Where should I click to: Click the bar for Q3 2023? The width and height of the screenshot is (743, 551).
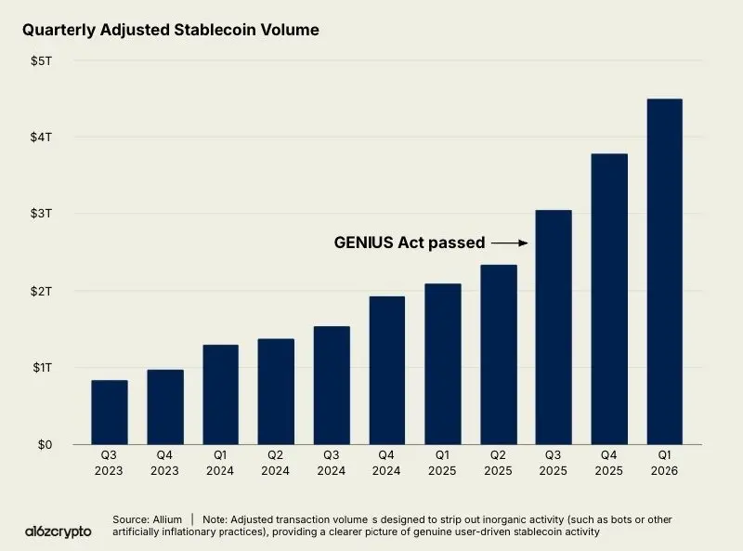(x=110, y=413)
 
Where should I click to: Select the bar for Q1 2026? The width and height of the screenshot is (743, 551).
(x=664, y=271)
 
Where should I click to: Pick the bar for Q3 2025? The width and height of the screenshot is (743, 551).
(x=554, y=327)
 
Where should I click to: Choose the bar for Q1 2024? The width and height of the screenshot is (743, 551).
(x=221, y=394)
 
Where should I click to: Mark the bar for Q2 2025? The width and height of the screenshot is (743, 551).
(x=498, y=354)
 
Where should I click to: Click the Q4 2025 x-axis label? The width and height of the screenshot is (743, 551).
(x=609, y=464)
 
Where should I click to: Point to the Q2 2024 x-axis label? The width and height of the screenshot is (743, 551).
(x=276, y=464)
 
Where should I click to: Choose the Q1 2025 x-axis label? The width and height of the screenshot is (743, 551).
(x=443, y=464)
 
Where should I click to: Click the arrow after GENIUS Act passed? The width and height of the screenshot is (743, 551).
(x=509, y=243)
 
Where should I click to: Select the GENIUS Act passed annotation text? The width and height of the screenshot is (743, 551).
(x=409, y=243)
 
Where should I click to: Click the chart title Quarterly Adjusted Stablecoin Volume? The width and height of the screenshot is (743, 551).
(x=170, y=30)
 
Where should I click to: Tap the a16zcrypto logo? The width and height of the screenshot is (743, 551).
(x=59, y=531)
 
